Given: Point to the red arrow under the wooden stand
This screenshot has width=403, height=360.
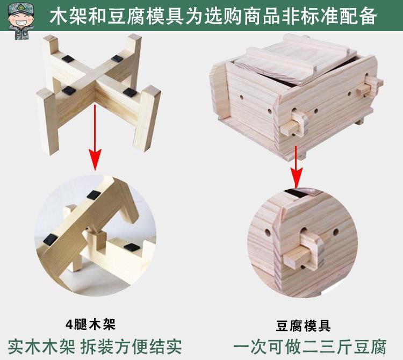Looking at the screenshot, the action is click(95, 137).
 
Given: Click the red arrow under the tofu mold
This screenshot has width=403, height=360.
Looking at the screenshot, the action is click(296, 167).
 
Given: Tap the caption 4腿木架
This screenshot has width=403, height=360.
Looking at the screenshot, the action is click(90, 325).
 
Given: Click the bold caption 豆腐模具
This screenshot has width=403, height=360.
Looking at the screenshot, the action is click(303, 326).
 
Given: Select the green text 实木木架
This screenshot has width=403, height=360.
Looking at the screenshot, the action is click(41, 347).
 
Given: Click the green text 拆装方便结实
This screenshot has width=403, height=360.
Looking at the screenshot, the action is click(131, 347).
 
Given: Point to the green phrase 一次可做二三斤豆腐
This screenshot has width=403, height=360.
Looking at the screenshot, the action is click(310, 347).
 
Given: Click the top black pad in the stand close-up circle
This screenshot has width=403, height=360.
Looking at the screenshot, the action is click(93, 196).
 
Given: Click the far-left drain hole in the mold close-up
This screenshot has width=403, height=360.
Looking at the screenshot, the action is click(268, 233).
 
